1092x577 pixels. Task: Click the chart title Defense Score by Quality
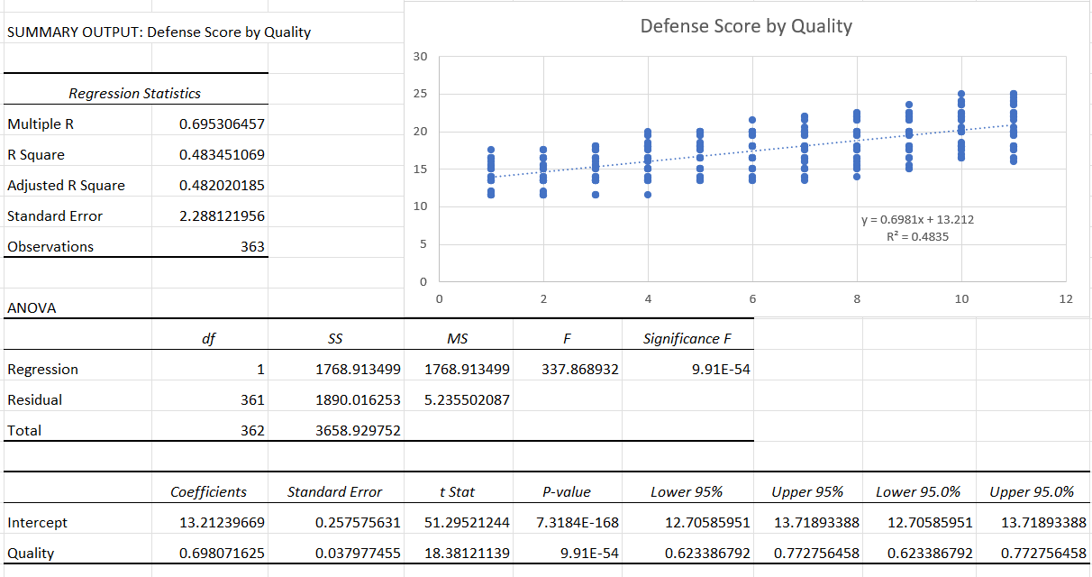(746, 26)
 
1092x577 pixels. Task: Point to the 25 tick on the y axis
(421, 94)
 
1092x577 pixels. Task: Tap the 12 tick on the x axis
(1066, 298)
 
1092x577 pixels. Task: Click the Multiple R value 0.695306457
(222, 124)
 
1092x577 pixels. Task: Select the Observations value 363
(252, 247)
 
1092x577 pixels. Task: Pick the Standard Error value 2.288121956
(222, 216)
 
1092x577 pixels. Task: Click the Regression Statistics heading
(135, 94)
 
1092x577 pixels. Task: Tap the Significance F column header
(681, 339)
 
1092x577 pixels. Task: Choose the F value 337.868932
(580, 370)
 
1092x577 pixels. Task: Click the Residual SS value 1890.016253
(358, 400)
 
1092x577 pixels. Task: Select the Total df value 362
(252, 431)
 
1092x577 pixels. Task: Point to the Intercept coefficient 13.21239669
(222, 523)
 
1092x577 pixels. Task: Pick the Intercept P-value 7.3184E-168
(577, 523)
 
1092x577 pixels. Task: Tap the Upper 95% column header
(807, 492)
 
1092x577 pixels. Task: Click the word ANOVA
(32, 308)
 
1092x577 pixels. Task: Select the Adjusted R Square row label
(66, 186)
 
